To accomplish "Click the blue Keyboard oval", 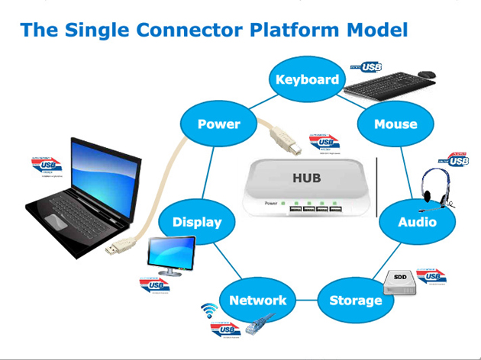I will click(307, 79).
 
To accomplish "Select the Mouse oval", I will click(395, 124).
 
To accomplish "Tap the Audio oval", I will click(417, 222).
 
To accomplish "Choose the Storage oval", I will click(355, 300).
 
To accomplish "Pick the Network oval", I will click(257, 300).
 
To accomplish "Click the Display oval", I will click(196, 222).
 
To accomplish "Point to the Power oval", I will click(218, 124).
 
